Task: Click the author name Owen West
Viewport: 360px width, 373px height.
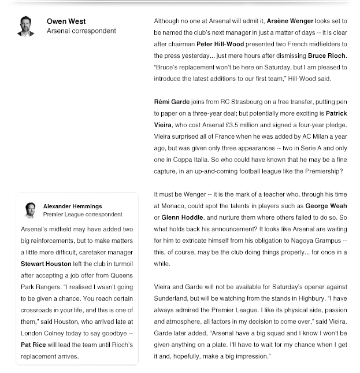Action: pyautogui.click(x=66, y=21)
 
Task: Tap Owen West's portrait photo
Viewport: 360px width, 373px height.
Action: pyautogui.click(x=26, y=26)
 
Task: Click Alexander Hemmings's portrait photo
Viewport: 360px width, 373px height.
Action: pyautogui.click(x=30, y=209)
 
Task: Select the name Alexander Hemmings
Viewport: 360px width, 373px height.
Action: pyautogui.click(x=72, y=206)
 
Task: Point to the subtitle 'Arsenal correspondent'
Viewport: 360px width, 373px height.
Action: pyautogui.click(x=81, y=31)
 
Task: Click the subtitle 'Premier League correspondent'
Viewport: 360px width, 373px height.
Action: pyautogui.click(x=83, y=215)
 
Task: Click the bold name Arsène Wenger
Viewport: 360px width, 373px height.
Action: pyautogui.click(x=292, y=21)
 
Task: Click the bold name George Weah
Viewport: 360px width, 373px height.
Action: pyautogui.click(x=326, y=205)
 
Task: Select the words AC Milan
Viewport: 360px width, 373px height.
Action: pyautogui.click(x=307, y=136)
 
